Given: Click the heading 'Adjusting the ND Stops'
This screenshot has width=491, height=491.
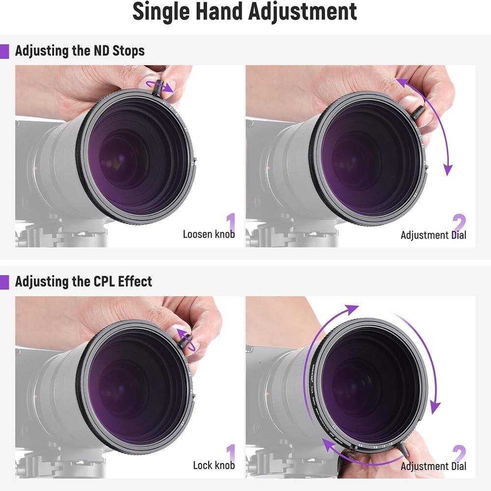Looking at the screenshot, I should click(80, 51).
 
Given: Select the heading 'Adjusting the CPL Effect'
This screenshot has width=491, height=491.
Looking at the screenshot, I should click(83, 281).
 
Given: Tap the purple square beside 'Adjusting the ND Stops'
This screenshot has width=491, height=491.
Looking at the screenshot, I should click(4, 51).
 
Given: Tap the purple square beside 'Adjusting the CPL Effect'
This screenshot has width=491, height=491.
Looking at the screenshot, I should click(4, 282).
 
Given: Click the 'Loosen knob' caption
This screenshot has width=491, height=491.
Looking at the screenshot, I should click(209, 234).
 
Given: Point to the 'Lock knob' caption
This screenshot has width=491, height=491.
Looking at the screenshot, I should click(214, 465).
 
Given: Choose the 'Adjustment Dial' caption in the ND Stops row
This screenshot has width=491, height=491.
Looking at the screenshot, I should click(433, 235).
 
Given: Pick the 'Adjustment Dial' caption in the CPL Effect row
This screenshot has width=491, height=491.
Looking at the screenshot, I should click(433, 465).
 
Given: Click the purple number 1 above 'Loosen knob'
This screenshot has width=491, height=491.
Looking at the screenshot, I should click(230, 221).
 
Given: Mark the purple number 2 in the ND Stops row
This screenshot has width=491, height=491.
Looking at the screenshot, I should click(459, 221).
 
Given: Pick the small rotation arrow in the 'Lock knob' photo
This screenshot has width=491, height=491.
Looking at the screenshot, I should click(188, 339).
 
